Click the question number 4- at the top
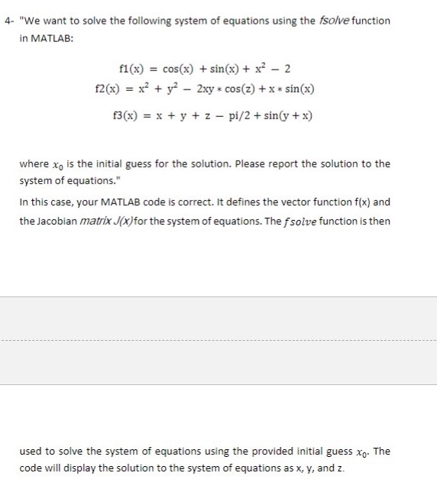(8, 20)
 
